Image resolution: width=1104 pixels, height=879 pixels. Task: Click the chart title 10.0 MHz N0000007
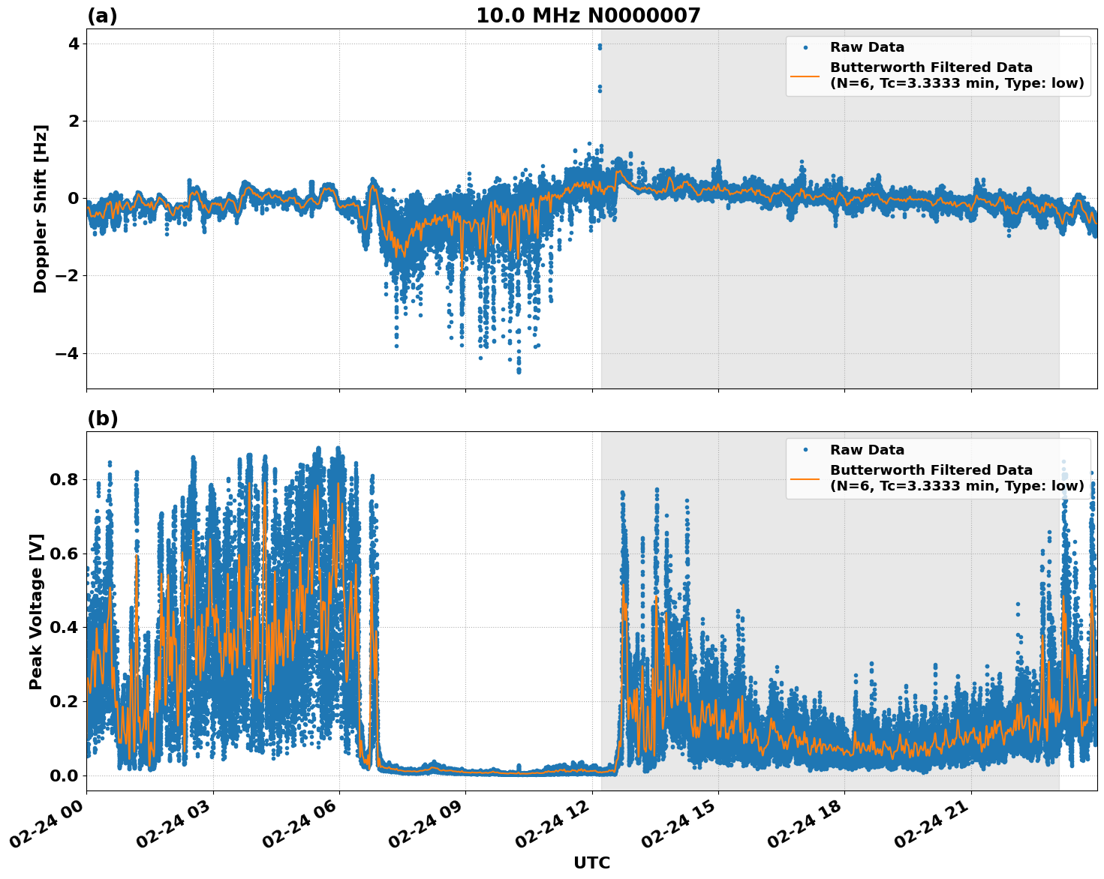click(588, 16)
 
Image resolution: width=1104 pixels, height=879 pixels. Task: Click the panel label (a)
click(102, 16)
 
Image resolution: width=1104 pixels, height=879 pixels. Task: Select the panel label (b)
click(103, 418)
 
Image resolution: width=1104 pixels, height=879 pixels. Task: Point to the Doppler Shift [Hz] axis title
click(41, 208)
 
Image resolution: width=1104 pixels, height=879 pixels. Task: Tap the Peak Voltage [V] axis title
click(36, 611)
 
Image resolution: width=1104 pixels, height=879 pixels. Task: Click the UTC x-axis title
click(591, 862)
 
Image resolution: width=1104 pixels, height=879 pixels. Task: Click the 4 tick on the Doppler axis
click(73, 43)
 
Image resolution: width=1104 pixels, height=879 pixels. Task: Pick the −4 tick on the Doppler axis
click(67, 353)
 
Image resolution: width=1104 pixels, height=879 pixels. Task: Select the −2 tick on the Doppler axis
click(67, 276)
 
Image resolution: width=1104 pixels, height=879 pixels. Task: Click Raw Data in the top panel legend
click(867, 47)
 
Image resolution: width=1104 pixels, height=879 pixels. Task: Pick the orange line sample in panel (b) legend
click(805, 478)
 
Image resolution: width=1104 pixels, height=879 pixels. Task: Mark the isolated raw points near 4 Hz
click(599, 47)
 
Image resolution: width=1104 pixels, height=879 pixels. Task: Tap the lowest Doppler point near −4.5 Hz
click(519, 370)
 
